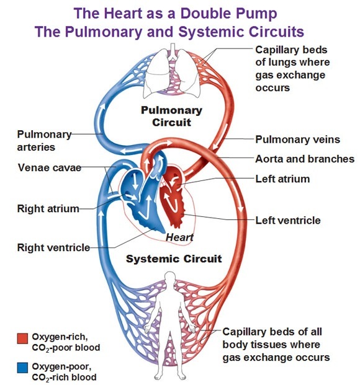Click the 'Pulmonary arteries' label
(44, 141)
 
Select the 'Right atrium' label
(48, 208)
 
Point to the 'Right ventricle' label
(53, 248)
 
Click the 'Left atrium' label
(282, 179)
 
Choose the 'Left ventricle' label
(288, 220)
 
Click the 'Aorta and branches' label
(305, 159)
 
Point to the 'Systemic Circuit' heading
(174, 259)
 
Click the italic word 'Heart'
(179, 237)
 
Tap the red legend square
(22, 338)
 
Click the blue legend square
(22, 366)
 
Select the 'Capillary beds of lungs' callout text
(292, 68)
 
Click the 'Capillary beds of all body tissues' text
(276, 344)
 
